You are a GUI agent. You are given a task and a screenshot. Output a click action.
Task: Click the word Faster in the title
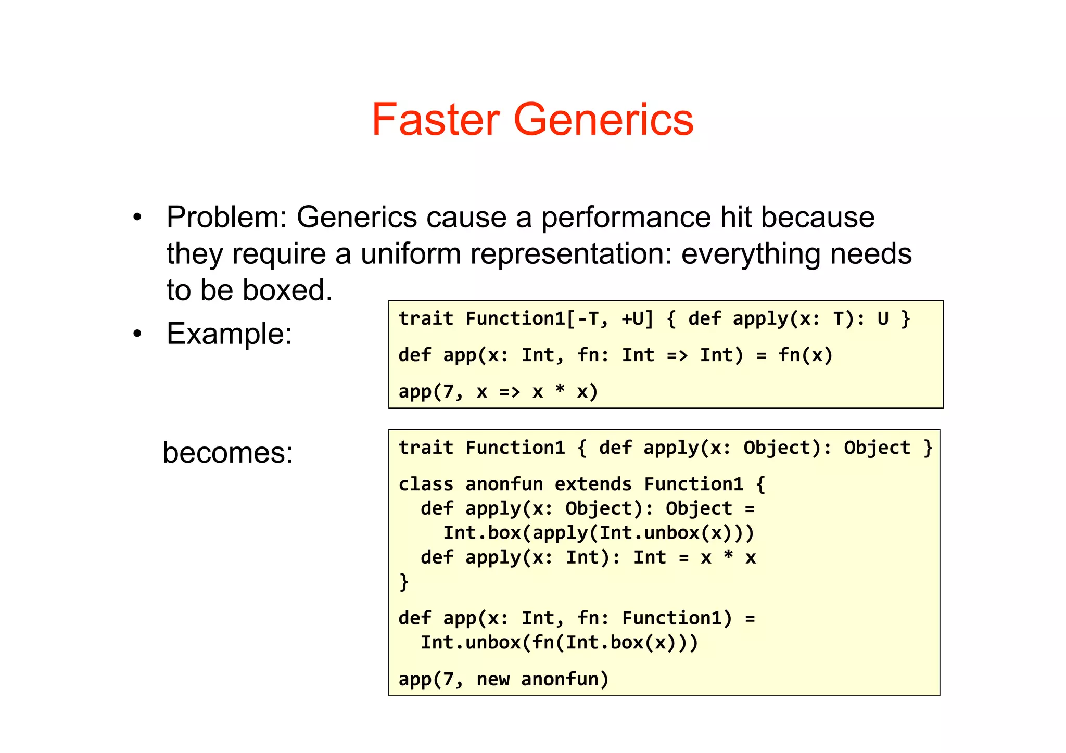click(437, 120)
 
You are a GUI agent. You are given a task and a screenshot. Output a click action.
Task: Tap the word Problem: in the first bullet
click(226, 218)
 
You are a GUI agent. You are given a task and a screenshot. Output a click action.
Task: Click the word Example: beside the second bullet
click(229, 334)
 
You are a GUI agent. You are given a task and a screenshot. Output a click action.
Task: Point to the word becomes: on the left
click(228, 452)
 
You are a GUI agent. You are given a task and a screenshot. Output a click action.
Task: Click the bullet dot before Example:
click(137, 334)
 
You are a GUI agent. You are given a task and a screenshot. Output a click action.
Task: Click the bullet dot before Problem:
click(137, 218)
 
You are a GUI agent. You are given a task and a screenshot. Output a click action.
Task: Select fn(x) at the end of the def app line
click(805, 355)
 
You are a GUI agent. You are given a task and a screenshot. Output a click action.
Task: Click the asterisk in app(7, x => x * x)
click(560, 390)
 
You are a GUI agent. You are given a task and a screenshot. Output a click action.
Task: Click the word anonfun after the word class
click(504, 484)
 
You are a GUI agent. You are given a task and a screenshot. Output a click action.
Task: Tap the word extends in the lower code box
click(593, 484)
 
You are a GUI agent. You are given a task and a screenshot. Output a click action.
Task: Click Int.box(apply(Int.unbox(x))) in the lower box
click(598, 533)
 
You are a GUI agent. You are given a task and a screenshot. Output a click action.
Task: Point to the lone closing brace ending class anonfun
click(404, 581)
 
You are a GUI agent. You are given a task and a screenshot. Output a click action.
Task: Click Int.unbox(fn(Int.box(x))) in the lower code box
click(559, 643)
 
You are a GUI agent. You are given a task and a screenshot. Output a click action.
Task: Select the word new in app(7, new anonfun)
click(493, 679)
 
